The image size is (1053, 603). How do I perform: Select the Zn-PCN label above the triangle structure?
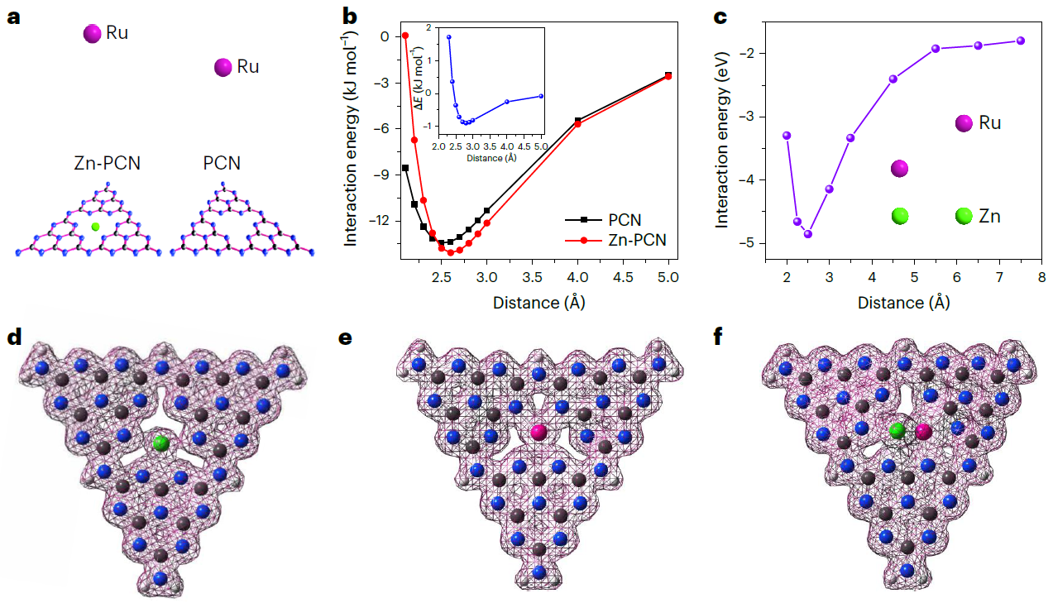[x=107, y=163]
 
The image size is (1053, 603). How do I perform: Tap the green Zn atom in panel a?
[x=96, y=226]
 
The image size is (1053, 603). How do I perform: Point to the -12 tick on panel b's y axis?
[x=380, y=221]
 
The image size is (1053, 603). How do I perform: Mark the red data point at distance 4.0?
[x=578, y=123]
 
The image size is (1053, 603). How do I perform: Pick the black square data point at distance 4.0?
[x=578, y=120]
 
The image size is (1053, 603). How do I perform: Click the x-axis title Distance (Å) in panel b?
[x=538, y=302]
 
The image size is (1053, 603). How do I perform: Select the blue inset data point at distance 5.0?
[x=541, y=96]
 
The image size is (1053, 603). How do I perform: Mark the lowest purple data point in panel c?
[x=808, y=234]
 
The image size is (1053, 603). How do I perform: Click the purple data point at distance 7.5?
[x=1020, y=41]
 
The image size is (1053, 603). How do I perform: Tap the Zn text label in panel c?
[x=990, y=217]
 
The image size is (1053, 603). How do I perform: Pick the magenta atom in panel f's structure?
[x=922, y=432]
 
